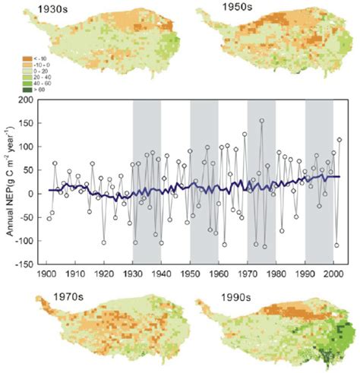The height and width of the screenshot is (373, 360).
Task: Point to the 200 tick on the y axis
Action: click(x=30, y=100)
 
